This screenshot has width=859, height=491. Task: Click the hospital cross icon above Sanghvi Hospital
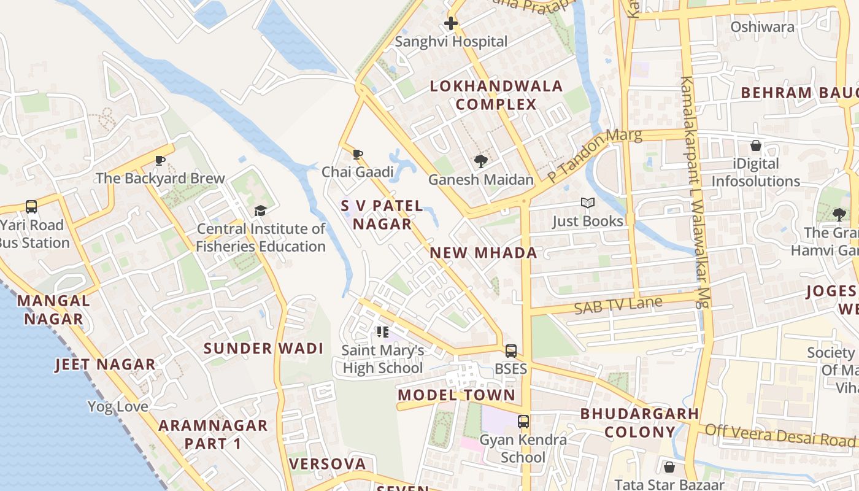pyautogui.click(x=451, y=24)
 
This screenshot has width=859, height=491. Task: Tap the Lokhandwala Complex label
pyautogui.click(x=496, y=95)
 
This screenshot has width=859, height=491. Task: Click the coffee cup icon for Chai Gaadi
pyautogui.click(x=358, y=154)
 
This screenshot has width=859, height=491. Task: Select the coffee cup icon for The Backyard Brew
pyautogui.click(x=160, y=161)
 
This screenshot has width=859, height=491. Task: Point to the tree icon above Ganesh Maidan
pyautogui.click(x=480, y=161)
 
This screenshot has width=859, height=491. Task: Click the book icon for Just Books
pyautogui.click(x=587, y=203)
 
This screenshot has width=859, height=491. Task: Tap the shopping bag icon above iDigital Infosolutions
pyautogui.click(x=756, y=146)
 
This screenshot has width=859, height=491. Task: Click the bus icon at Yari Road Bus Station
pyautogui.click(x=31, y=207)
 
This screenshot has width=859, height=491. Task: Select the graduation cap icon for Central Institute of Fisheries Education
pyautogui.click(x=261, y=211)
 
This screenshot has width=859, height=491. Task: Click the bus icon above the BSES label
pyautogui.click(x=510, y=351)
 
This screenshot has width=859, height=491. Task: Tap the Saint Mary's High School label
pyautogui.click(x=383, y=360)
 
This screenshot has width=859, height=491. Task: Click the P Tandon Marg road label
pyautogui.click(x=594, y=155)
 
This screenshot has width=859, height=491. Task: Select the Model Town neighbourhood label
pyautogui.click(x=456, y=395)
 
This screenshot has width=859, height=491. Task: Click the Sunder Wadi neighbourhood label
pyautogui.click(x=263, y=349)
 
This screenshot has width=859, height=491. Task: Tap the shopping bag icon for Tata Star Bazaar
pyautogui.click(x=669, y=467)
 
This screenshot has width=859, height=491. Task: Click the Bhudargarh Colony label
pyautogui.click(x=639, y=422)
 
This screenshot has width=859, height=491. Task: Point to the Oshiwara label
pyautogui.click(x=762, y=27)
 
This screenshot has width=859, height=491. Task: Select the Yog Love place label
pyautogui.click(x=118, y=406)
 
